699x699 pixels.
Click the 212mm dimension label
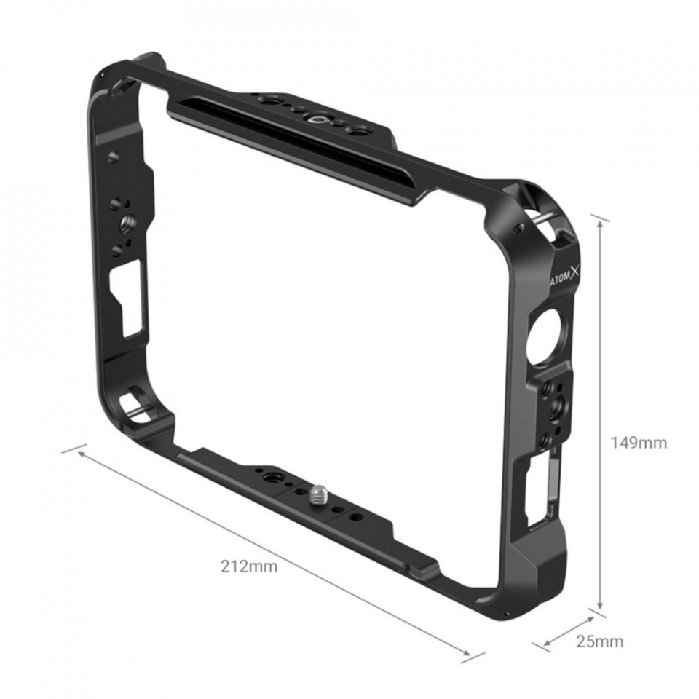[x=249, y=566]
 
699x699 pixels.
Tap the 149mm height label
[x=639, y=443]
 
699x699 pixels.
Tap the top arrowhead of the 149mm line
[x=601, y=226]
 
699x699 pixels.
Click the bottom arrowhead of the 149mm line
[x=600, y=604]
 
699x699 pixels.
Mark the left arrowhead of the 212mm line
[x=82, y=454]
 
